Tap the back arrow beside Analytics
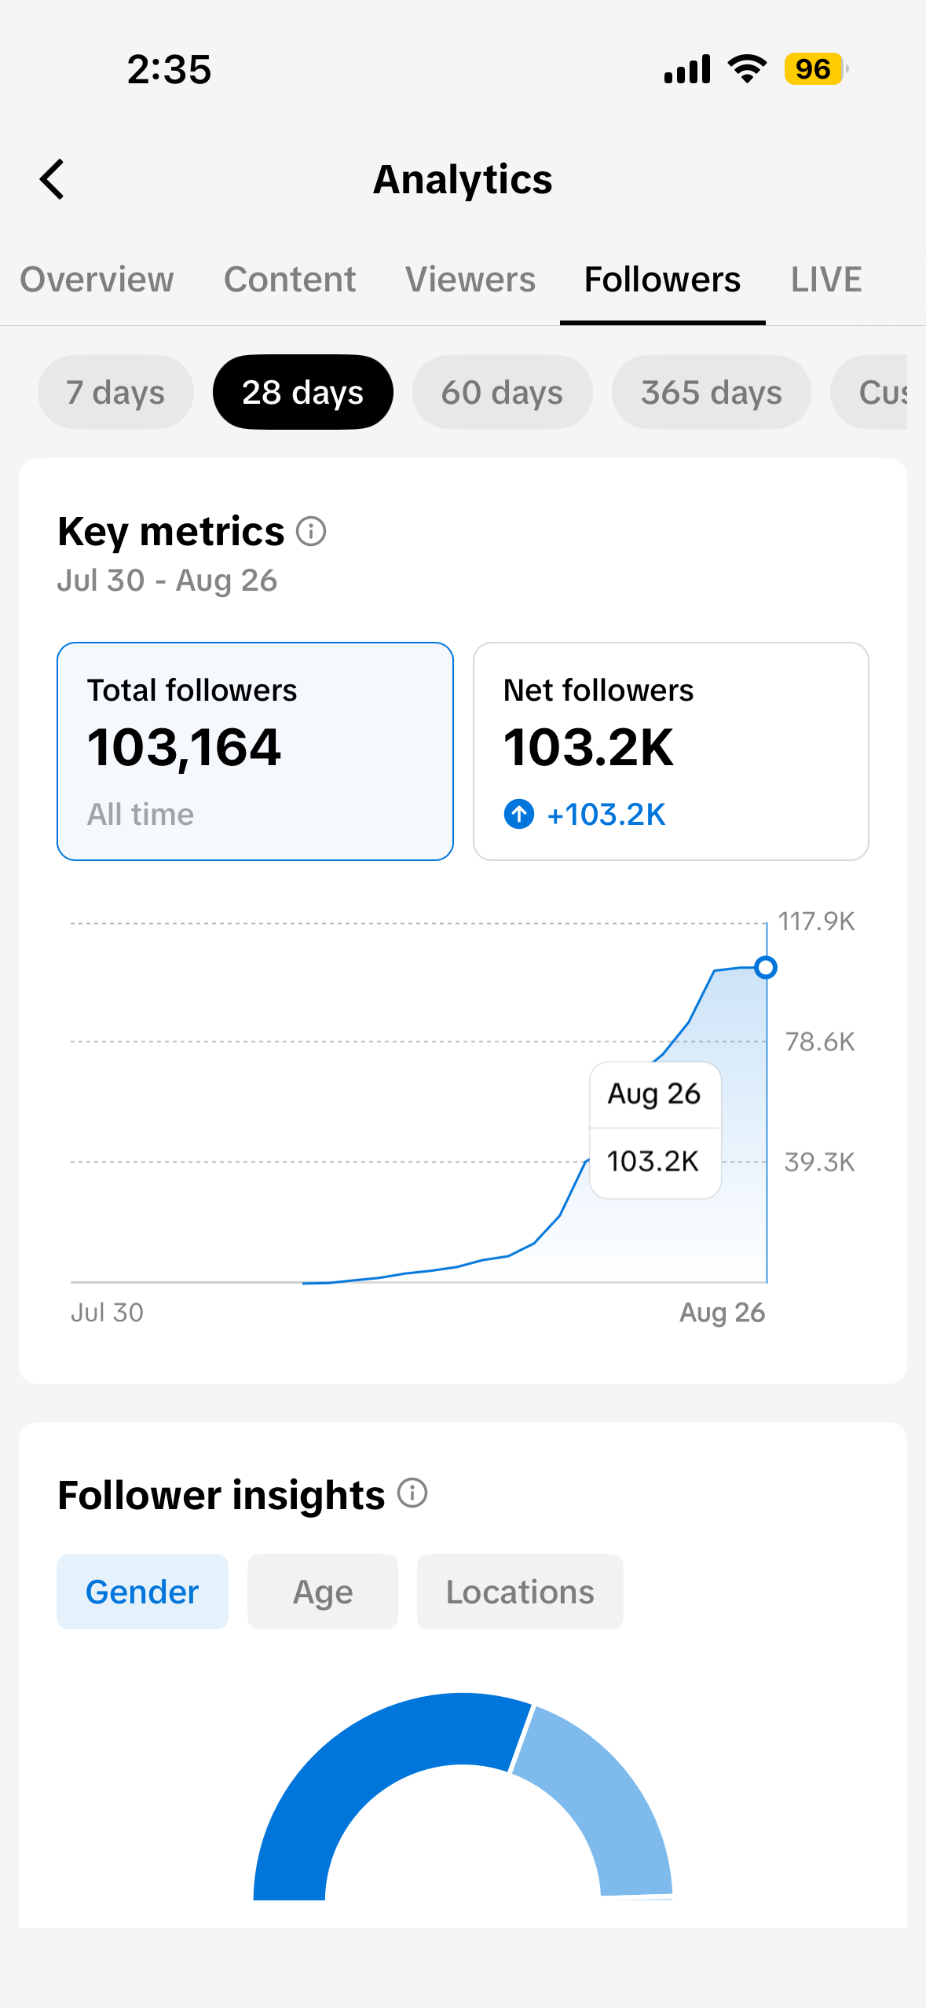[x=52, y=179]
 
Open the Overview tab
[x=97, y=280]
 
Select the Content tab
[x=290, y=280]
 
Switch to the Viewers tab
[x=470, y=280]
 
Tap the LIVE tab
[x=826, y=280]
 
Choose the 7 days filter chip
[x=115, y=392]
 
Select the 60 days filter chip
[x=502, y=392]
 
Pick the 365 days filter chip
[x=712, y=392]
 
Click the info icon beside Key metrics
[x=311, y=532]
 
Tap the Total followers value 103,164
[x=184, y=747]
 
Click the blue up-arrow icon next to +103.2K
[x=518, y=815]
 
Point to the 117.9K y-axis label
[x=816, y=922]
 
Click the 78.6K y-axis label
[x=820, y=1042]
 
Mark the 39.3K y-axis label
[x=820, y=1162]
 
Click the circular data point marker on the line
[x=766, y=967]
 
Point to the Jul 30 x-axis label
[x=107, y=1312]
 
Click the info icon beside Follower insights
[x=412, y=1493]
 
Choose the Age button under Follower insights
[x=323, y=1592]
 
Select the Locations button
[x=520, y=1592]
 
